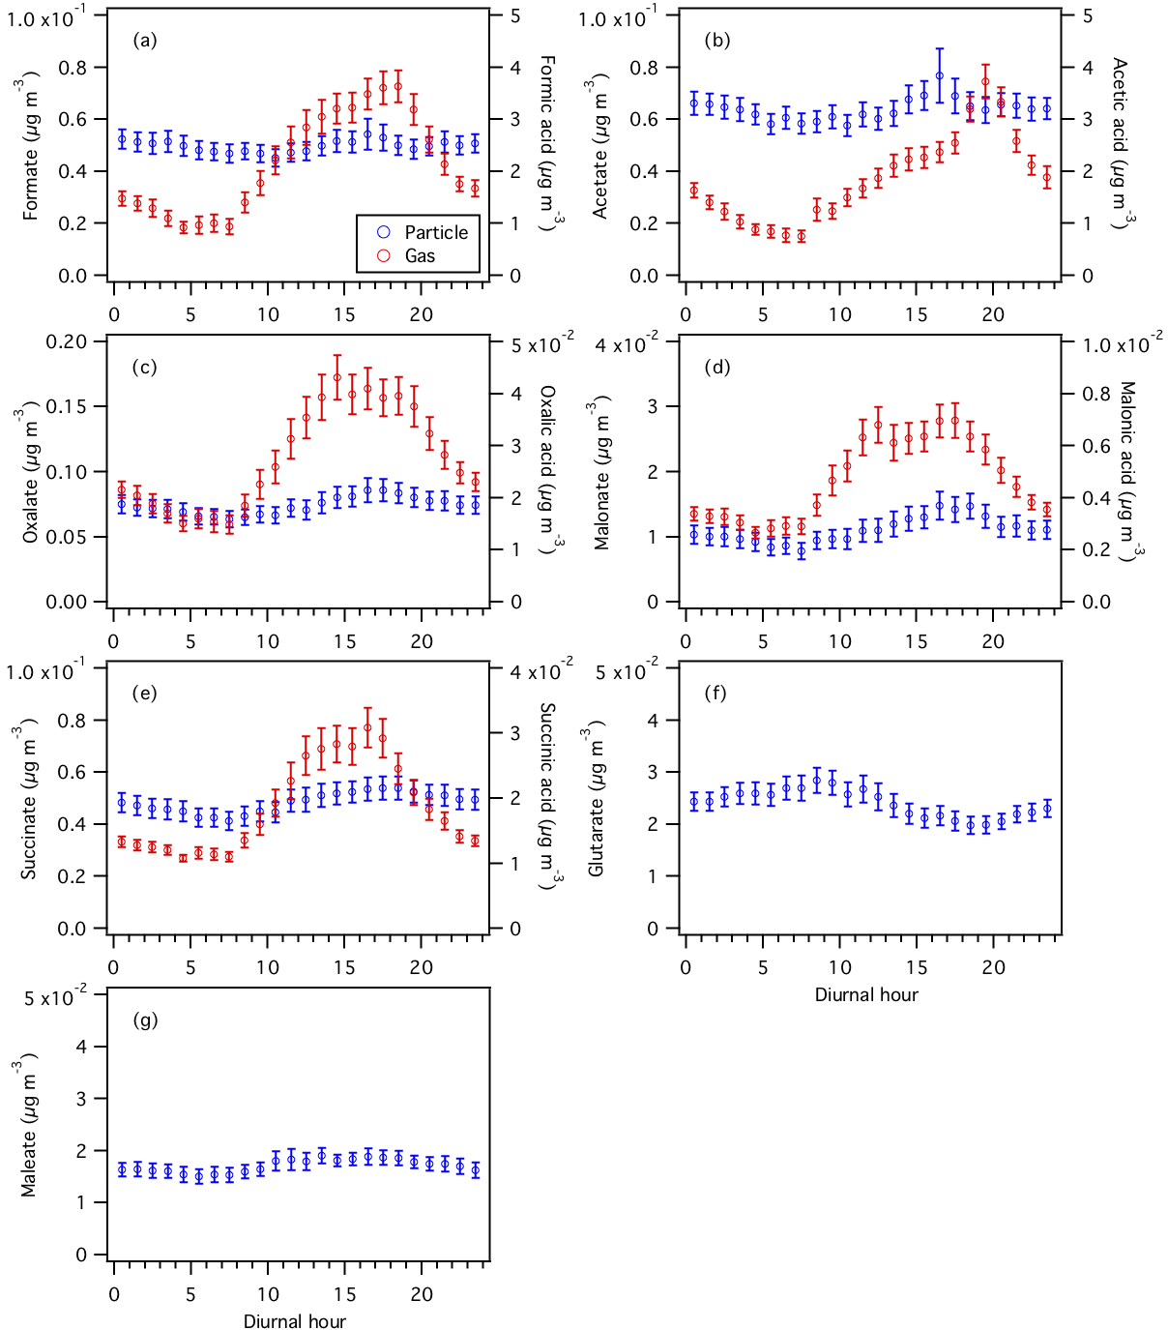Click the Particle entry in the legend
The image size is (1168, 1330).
coord(435,232)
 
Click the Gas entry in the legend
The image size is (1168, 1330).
coord(420,256)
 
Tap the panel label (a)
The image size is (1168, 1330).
coord(145,40)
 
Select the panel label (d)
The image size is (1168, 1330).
coord(717,367)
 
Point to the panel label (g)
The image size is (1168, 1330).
coord(145,1020)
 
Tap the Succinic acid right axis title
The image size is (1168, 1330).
coord(547,796)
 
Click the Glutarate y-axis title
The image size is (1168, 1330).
coord(597,798)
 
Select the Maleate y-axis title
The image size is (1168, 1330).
coord(29,1125)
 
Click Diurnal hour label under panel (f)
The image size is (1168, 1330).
coord(866,994)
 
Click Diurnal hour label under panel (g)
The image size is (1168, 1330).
coord(294,1321)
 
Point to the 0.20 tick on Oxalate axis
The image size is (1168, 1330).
coord(67,341)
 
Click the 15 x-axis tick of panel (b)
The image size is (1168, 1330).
coord(917,314)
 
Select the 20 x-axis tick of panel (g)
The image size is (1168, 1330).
coord(422,1294)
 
